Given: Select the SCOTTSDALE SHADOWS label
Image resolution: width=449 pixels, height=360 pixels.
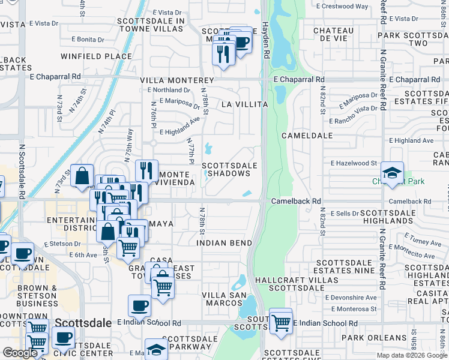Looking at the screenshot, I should pos(229,169).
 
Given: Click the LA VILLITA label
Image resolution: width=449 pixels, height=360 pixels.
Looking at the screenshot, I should pos(244,104).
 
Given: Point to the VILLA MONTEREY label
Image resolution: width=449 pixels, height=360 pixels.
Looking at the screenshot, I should pos(177,80).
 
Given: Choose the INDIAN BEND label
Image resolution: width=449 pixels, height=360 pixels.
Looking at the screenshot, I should pos(224,243).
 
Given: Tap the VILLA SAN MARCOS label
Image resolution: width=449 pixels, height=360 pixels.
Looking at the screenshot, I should pos(222,299).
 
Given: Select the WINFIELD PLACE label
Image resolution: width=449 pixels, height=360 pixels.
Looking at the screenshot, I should pos(96,57).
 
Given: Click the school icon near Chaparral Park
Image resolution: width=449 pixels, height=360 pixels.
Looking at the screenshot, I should pos(392,172).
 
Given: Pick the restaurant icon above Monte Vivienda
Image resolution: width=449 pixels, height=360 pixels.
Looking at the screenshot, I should pos(146,171).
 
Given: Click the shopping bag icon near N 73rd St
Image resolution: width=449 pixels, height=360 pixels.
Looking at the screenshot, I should pos(82,176).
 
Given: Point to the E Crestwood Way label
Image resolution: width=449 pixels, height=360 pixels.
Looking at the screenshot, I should pos(341,7).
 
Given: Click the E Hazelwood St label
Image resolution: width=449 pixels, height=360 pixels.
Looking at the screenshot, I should pos(354,163).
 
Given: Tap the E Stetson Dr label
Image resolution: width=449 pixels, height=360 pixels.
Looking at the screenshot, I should pos(62,244).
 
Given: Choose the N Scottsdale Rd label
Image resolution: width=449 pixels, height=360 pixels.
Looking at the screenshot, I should pos(21,170).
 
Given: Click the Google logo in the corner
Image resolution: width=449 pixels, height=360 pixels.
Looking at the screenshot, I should pos(20,353).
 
